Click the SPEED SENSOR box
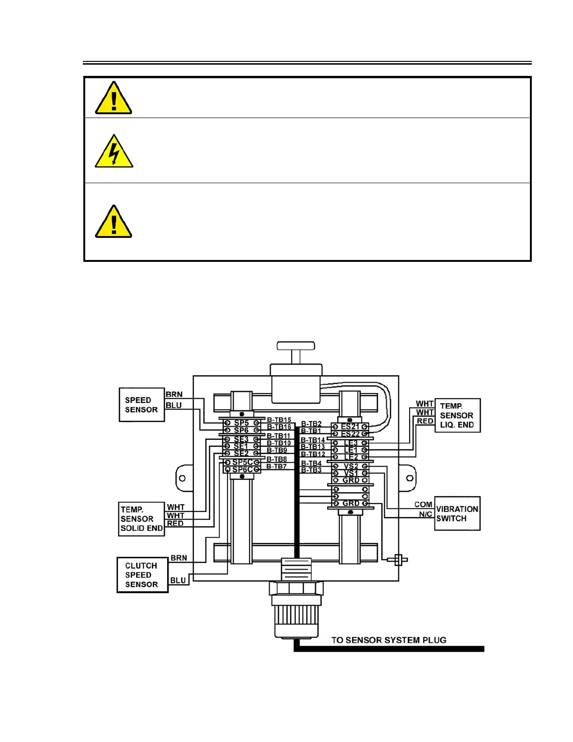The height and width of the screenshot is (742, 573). click(x=142, y=405)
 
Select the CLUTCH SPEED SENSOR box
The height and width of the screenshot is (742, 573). click(x=142, y=575)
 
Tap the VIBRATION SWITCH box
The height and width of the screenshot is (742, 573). click(x=457, y=513)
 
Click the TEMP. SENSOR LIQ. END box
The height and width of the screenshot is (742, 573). click(x=457, y=416)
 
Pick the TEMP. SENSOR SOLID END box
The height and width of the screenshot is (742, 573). click(x=141, y=519)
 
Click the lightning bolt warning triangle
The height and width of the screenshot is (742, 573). click(x=114, y=152)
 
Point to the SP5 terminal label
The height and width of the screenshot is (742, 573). click(x=242, y=423)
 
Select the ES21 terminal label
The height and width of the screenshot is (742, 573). click(x=350, y=427)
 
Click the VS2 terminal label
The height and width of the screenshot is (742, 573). click(x=351, y=466)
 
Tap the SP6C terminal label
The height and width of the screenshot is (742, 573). click(x=242, y=469)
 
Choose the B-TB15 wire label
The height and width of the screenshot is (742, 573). click(x=279, y=420)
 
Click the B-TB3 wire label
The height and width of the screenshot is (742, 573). click(x=311, y=470)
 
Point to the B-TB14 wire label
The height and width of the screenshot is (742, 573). click(x=313, y=440)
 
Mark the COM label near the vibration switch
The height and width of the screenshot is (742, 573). click(x=423, y=505)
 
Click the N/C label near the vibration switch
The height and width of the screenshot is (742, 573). click(x=425, y=514)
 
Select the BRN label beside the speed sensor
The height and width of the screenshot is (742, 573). click(x=174, y=394)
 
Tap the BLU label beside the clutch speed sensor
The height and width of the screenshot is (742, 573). click(x=178, y=580)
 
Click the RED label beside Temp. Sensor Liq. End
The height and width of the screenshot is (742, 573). click(x=425, y=421)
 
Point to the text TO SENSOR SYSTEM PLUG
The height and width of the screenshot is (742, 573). click(x=389, y=640)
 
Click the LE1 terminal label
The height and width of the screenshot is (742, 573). click(x=351, y=450)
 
